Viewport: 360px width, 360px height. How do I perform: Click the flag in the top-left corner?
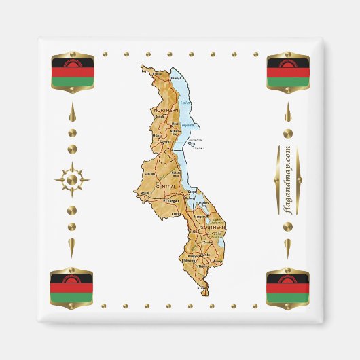72,71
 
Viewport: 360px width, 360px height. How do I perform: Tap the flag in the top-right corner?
288,71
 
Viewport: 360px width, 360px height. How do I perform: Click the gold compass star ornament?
72,180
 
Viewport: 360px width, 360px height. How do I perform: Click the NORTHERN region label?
166,109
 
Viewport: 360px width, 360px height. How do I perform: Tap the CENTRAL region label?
165,185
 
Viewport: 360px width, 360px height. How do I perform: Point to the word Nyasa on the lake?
187,125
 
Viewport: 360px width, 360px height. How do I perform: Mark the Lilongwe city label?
173,201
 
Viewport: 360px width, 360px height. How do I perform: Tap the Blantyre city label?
193,255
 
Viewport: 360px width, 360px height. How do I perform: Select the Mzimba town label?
158,136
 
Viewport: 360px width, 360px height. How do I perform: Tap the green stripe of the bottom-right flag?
288,298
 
